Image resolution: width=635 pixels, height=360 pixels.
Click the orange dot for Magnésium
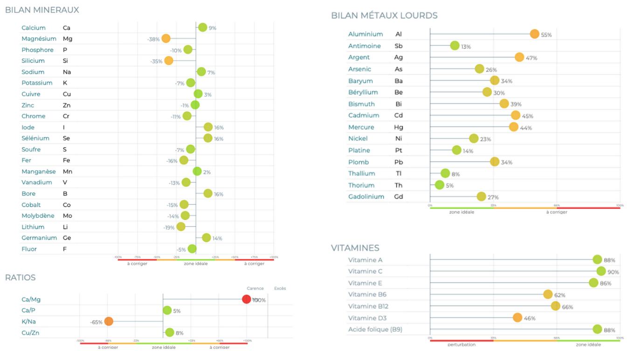point(166,39)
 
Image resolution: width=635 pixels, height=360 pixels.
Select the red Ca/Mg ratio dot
point(247,299)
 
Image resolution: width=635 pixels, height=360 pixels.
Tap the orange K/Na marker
point(109,321)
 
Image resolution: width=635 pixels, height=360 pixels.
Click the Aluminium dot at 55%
point(535,34)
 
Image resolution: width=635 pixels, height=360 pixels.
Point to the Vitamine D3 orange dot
point(518,318)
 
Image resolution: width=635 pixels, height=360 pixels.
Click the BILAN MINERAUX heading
point(42,10)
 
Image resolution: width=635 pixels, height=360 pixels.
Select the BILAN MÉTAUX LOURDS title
point(384,15)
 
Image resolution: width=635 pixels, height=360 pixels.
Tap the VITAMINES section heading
point(355,248)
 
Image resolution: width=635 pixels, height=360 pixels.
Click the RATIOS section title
point(20,277)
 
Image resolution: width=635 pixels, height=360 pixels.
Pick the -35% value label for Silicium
point(156,61)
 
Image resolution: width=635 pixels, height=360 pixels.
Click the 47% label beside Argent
point(531,58)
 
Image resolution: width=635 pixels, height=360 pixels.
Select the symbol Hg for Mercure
point(399,127)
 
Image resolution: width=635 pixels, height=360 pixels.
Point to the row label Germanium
point(39,238)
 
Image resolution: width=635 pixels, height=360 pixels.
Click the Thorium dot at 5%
point(440,185)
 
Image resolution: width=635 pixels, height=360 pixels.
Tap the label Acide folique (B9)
point(375,329)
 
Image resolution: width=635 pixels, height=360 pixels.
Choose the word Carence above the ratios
point(255,288)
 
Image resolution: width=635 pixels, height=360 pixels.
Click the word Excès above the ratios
point(280,288)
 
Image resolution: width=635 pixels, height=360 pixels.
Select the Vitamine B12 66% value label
point(567,307)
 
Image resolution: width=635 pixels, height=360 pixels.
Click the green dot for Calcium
point(202,28)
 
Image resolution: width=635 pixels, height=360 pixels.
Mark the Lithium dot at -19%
point(181,227)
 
